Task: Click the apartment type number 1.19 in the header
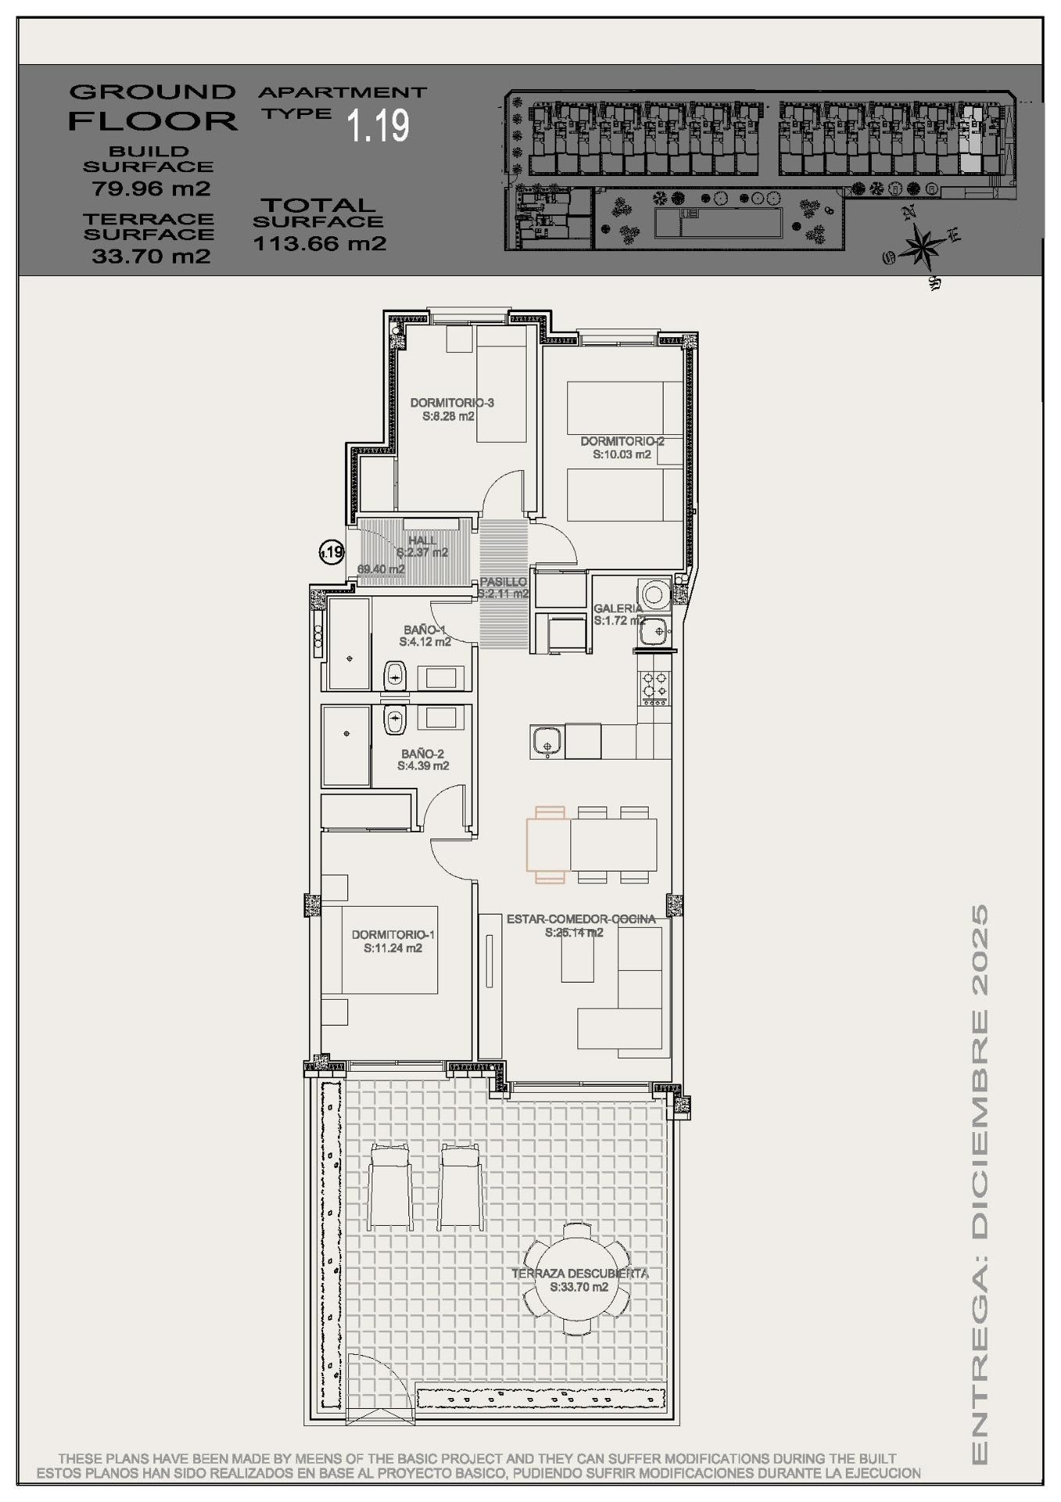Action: tap(379, 125)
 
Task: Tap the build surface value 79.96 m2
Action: tap(151, 189)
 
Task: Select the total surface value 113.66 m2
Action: tap(319, 243)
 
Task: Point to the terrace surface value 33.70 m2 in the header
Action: tap(151, 256)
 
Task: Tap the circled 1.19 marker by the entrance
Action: tap(332, 552)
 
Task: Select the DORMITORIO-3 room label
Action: tap(451, 403)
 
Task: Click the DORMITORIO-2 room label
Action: tap(622, 441)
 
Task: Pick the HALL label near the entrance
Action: tap(423, 541)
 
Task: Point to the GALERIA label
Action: tap(618, 608)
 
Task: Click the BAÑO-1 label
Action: tap(424, 629)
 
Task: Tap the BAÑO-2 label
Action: tap(423, 754)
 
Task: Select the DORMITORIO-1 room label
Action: tap(393, 934)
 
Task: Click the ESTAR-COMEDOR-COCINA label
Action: tap(581, 918)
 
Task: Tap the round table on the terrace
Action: tap(577, 1280)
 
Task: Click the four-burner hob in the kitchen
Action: tap(655, 685)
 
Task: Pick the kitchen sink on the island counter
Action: tap(545, 738)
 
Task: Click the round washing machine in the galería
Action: tap(653, 592)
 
